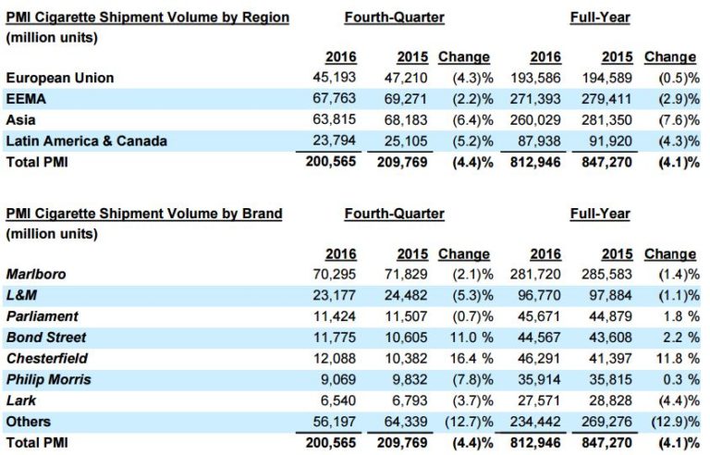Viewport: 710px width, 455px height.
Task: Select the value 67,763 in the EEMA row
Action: (x=335, y=98)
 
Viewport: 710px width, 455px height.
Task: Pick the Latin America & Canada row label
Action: (x=87, y=140)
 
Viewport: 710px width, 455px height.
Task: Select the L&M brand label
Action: (x=21, y=294)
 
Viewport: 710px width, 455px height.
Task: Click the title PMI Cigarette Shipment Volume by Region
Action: (x=148, y=18)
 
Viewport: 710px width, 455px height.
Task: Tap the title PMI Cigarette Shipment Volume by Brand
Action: (x=144, y=214)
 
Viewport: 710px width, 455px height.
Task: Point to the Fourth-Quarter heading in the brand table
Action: (x=394, y=214)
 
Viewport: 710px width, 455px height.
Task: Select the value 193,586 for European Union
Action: (x=538, y=77)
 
